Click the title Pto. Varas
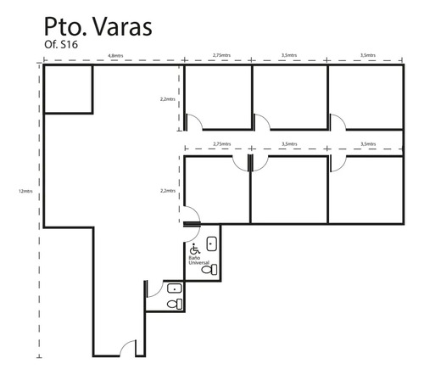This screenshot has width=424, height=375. coord(98,27)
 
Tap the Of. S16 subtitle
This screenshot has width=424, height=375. coord(61,45)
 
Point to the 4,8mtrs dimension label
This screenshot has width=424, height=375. coord(115,56)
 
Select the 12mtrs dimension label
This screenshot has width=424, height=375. coord(25,191)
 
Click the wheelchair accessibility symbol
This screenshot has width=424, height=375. coord(195,249)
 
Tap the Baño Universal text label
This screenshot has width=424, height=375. coord(199,260)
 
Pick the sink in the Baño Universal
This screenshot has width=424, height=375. coord(212,244)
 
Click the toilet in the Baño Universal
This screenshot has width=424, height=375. coord(209,270)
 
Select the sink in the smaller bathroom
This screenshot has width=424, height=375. coord(175,288)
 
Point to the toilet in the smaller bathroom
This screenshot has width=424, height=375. coord(175,304)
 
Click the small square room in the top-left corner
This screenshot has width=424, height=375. coord(68,89)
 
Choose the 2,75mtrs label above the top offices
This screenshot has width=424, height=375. coord(221,55)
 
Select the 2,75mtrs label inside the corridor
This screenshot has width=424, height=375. coord(222,144)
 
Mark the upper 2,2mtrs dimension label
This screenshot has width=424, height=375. coord(168,99)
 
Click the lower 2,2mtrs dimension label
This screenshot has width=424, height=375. coord(168,191)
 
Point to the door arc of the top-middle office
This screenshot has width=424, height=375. coord(265,119)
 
